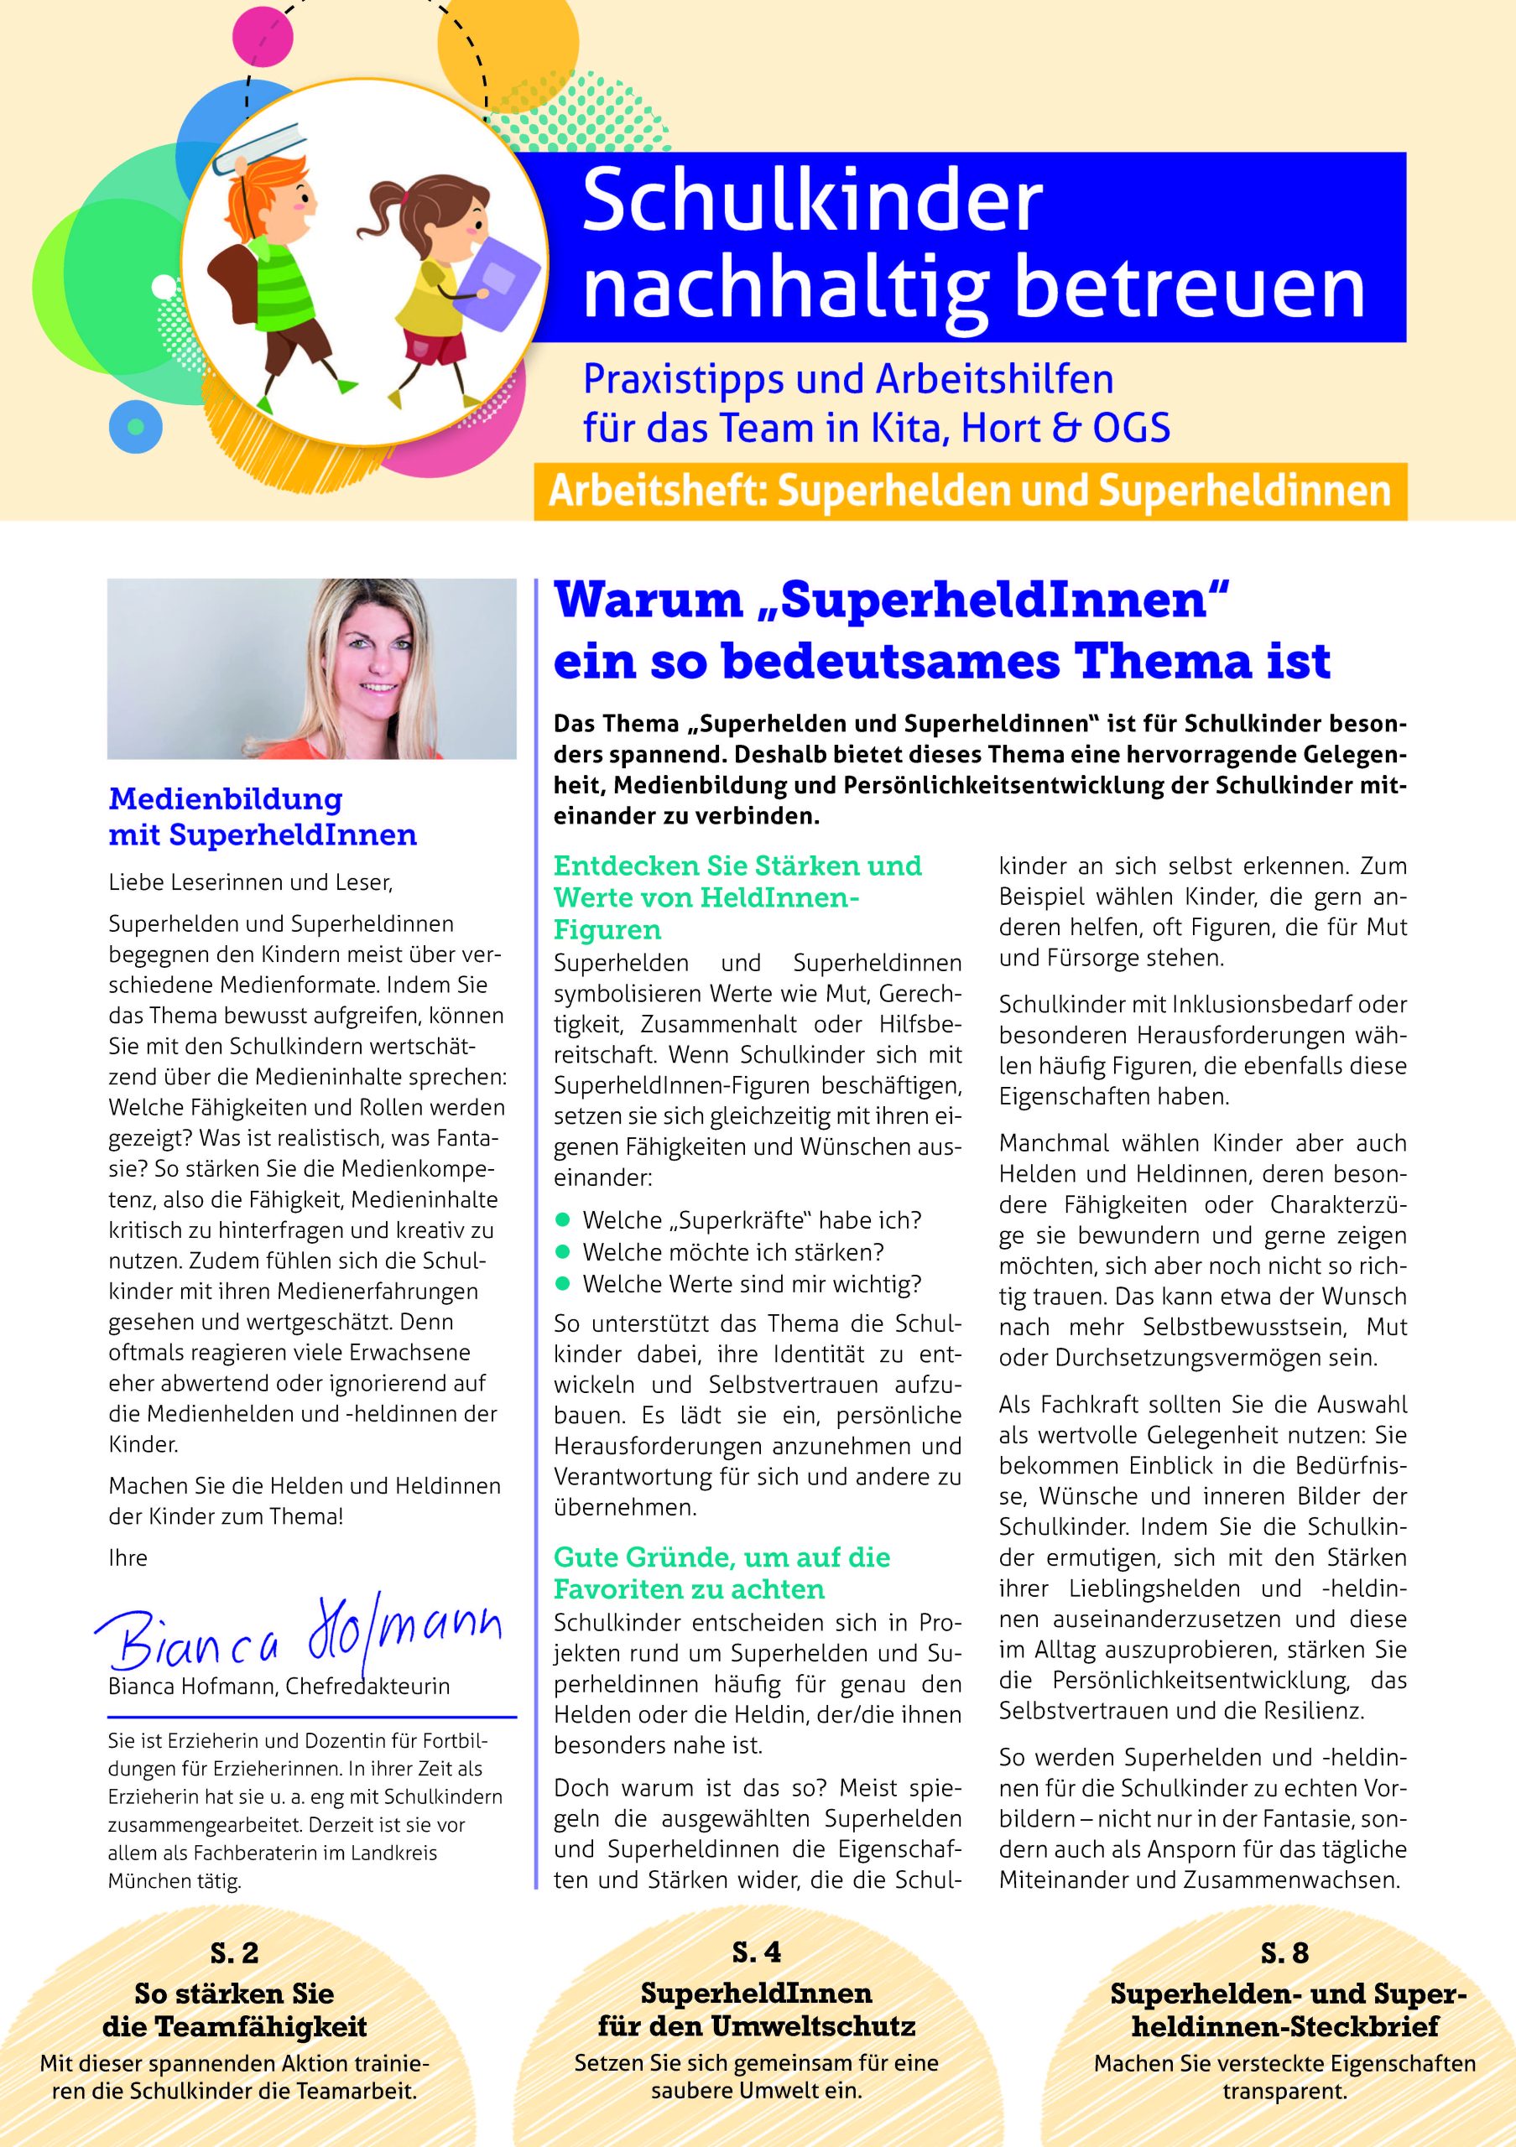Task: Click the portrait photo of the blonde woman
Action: pyautogui.click(x=311, y=668)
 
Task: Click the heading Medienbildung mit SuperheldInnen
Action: pyautogui.click(x=263, y=816)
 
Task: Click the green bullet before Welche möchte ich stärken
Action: pyautogui.click(x=562, y=1251)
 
